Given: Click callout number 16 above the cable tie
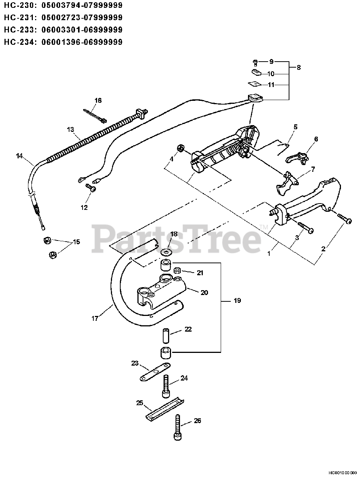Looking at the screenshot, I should click(98, 100).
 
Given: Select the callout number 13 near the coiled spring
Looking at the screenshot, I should click(71, 129).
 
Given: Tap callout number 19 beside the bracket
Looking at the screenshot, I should click(237, 300).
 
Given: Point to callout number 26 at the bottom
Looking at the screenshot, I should click(197, 420).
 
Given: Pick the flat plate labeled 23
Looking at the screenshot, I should click(155, 372).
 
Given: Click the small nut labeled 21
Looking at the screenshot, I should click(179, 270).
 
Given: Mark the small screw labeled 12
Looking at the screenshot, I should click(91, 188).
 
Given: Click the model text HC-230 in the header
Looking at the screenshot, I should click(20, 6).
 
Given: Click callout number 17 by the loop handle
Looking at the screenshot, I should click(95, 318).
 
